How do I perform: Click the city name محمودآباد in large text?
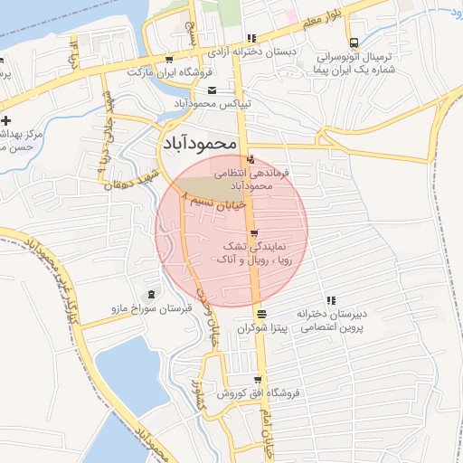[x=200, y=143]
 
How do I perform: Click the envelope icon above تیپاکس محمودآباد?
[x=212, y=90]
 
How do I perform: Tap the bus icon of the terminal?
[x=354, y=42]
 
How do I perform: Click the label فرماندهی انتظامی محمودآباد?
[x=250, y=177]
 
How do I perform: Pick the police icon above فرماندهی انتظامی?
[x=250, y=160]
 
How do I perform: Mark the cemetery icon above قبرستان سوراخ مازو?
[x=149, y=295]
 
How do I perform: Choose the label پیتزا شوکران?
[x=261, y=329]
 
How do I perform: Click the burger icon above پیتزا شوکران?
[x=261, y=314]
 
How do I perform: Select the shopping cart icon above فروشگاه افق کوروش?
[x=258, y=379]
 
